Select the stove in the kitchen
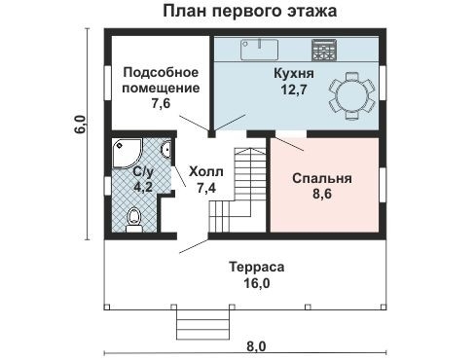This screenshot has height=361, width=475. point(324,47)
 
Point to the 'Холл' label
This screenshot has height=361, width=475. point(205,171)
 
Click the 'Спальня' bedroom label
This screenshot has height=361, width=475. point(322,179)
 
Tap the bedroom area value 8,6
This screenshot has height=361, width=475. point(322,196)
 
